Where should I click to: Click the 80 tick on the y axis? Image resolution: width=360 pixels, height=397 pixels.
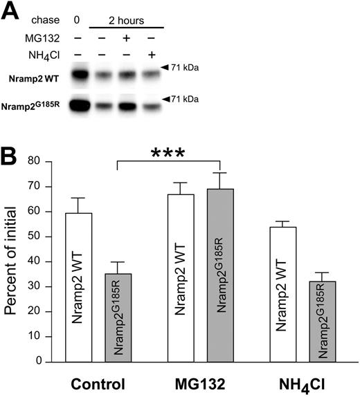tap(53, 161)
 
